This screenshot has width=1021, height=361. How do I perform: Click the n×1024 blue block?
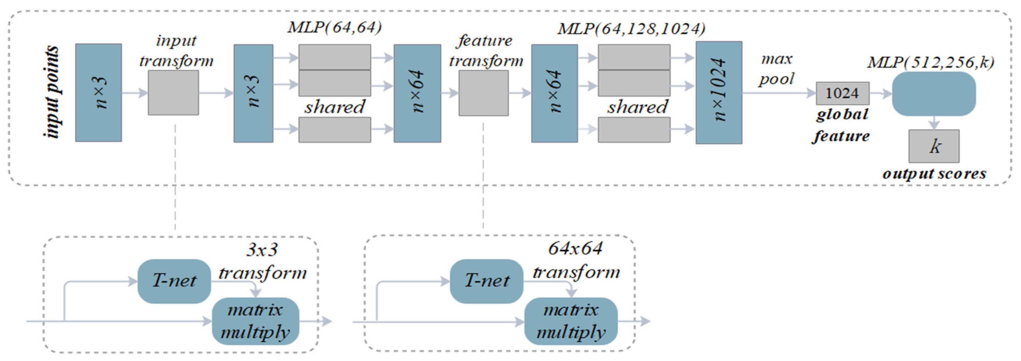click(x=718, y=92)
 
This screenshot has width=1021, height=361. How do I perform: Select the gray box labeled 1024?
click(x=842, y=93)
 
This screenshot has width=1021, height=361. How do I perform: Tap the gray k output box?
click(x=934, y=146)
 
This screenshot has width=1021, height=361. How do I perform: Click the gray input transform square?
click(x=173, y=93)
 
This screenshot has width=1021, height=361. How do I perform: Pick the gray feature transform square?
click(x=483, y=93)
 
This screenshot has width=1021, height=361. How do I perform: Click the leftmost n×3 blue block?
click(x=98, y=92)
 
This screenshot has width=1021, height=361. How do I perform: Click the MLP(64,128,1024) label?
click(x=631, y=28)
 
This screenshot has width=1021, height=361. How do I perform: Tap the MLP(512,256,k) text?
click(x=930, y=62)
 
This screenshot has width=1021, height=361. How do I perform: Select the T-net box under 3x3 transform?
click(x=174, y=281)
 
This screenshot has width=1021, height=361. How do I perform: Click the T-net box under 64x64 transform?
click(x=486, y=281)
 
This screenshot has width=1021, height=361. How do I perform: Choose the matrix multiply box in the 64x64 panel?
click(x=571, y=321)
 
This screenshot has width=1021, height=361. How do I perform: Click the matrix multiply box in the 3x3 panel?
click(x=255, y=321)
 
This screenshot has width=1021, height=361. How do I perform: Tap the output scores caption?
click(x=934, y=174)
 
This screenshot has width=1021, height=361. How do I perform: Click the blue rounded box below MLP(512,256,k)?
click(x=934, y=94)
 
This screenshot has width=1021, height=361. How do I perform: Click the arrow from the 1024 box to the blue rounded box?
click(x=881, y=94)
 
